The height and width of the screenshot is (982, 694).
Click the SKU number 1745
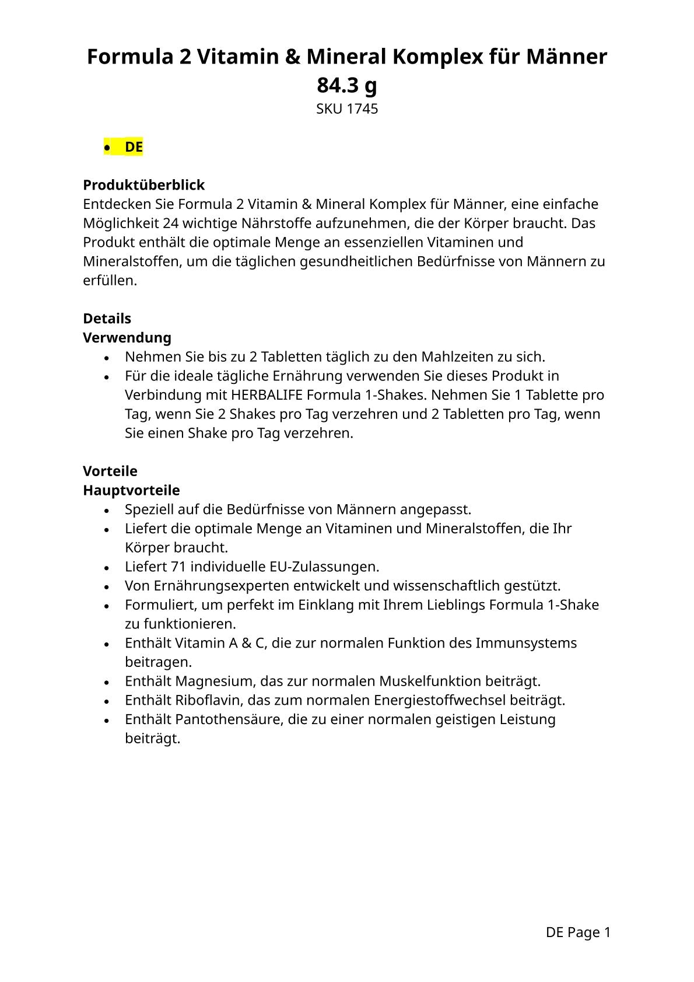coord(362,109)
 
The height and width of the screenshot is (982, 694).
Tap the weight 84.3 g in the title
coord(347,85)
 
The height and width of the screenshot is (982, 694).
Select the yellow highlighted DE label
coord(134,147)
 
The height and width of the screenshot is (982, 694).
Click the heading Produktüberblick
coord(143,185)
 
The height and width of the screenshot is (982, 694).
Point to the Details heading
coord(107,319)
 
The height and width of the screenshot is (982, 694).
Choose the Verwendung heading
coord(127,338)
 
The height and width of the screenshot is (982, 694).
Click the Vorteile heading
coord(110,471)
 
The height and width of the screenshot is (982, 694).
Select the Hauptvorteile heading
coord(131,490)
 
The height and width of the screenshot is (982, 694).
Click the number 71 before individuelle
coord(178,567)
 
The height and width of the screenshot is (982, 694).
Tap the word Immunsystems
coord(526,643)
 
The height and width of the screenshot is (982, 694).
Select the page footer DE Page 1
coord(578,932)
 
